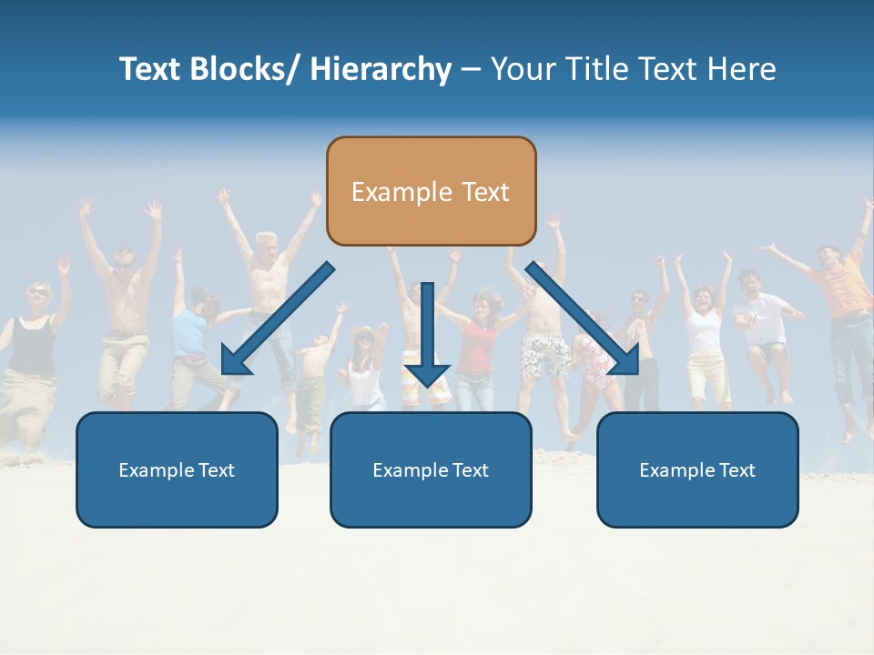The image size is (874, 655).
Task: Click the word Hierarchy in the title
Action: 381,70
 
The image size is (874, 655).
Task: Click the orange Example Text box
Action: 431,191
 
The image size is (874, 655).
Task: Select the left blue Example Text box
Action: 177,470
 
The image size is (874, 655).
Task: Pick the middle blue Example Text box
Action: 431,470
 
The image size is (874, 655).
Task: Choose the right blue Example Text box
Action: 697,470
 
